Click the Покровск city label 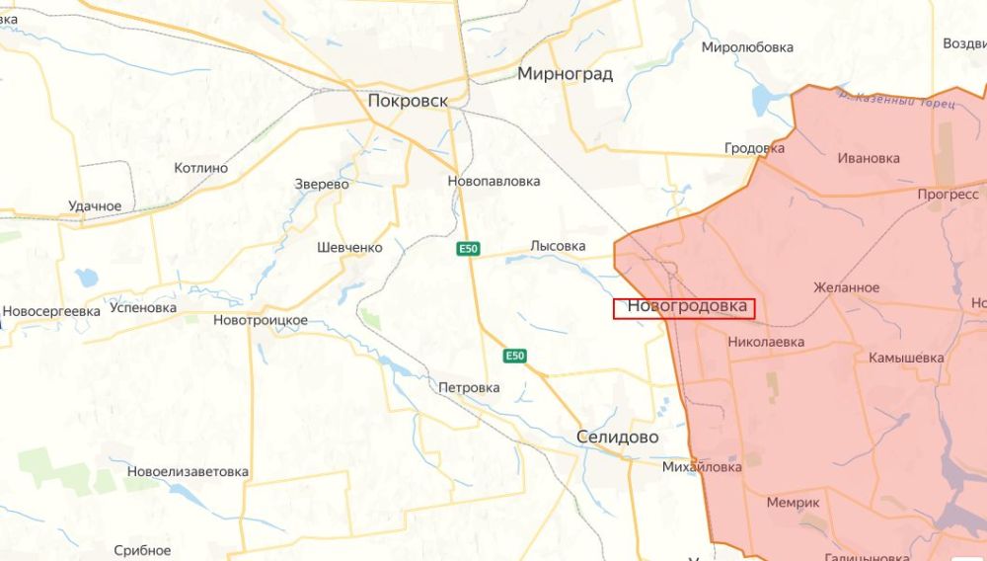407,101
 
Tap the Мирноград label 565,74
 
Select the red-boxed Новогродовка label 686,307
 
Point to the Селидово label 617,437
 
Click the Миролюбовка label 747,47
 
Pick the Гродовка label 754,148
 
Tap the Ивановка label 869,158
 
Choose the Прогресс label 947,194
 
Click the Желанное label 846,287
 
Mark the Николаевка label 765,342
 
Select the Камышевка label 906,358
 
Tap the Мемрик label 793,503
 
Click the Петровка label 469,387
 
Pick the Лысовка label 558,246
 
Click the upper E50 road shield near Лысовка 468,250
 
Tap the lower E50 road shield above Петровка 514,356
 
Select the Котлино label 200,168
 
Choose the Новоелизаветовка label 188,471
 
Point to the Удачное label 95,206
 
